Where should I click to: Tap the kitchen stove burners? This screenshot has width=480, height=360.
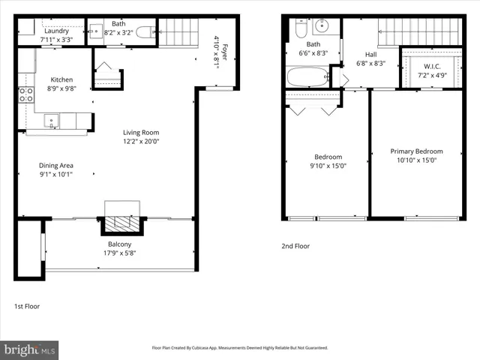pyautogui.click(x=25, y=94)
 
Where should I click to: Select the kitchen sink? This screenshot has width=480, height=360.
pyautogui.click(x=51, y=120)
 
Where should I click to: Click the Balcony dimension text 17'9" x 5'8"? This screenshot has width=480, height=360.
pyautogui.click(x=120, y=253)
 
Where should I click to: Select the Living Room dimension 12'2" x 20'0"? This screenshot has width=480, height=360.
pyautogui.click(x=142, y=141)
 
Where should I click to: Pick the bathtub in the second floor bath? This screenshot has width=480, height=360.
pyautogui.click(x=307, y=76)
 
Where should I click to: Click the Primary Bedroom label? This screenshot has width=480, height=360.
pyautogui.click(x=416, y=151)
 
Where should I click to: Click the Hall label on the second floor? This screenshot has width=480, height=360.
pyautogui.click(x=370, y=54)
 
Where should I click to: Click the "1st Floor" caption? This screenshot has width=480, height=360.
pyautogui.click(x=27, y=306)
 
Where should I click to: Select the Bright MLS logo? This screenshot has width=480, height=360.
pyautogui.click(x=30, y=349)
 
